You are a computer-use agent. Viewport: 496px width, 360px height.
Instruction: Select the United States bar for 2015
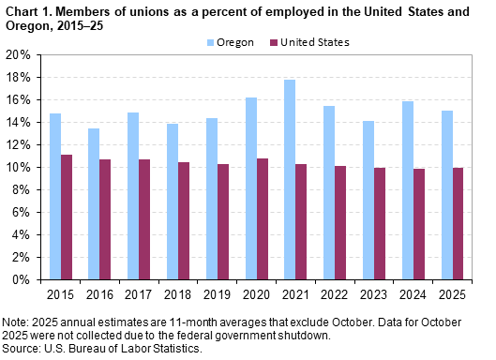(x=67, y=217)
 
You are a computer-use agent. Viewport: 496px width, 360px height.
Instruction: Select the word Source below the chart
(x=20, y=348)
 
